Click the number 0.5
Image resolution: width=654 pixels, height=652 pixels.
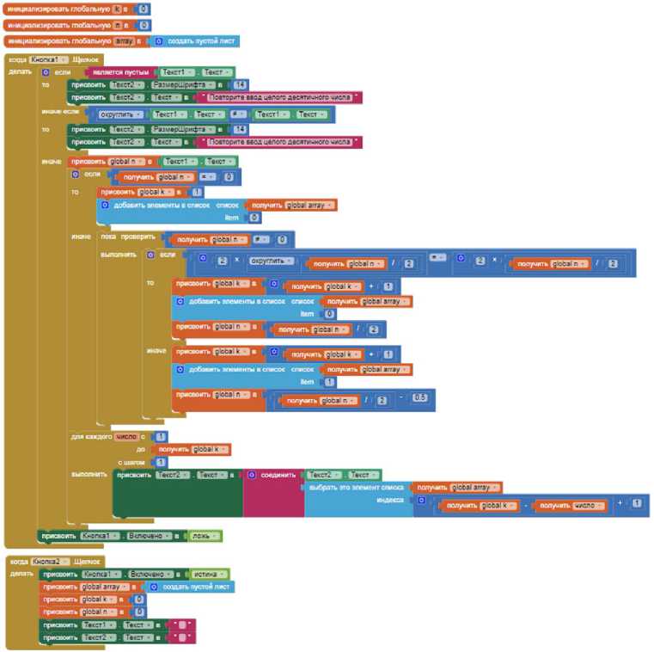click(x=419, y=397)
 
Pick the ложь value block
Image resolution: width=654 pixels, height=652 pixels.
click(x=205, y=536)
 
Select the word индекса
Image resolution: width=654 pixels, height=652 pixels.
click(x=389, y=500)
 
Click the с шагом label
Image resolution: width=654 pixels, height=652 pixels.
click(x=131, y=462)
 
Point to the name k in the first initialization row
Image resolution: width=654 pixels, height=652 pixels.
click(x=117, y=9)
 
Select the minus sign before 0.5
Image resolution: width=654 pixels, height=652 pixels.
click(x=401, y=397)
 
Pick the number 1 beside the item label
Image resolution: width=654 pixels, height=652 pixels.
click(x=330, y=381)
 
